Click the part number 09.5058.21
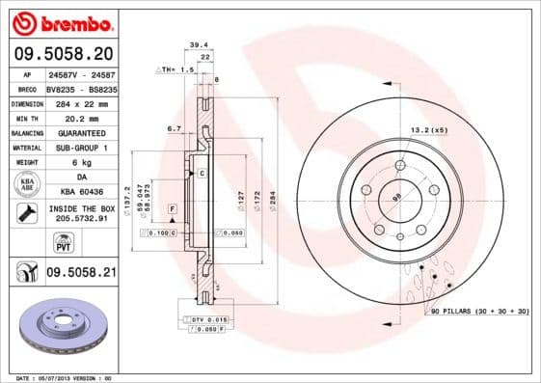tap(81, 274)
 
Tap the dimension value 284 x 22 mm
tap(80, 102)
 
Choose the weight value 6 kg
tap(80, 162)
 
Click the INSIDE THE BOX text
tap(81, 208)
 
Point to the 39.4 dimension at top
tap(199, 44)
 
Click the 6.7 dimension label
tap(175, 127)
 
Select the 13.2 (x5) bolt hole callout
tap(429, 130)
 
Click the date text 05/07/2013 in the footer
tap(55, 378)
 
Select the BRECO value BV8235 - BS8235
tap(81, 87)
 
